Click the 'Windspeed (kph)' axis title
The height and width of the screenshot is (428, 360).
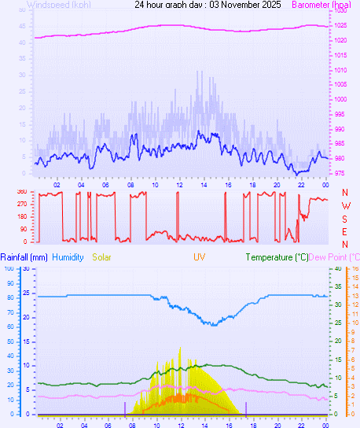click(x=58, y=5)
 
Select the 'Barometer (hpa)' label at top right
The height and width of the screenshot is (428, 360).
click(x=321, y=5)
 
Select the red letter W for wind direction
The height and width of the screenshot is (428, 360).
click(x=345, y=205)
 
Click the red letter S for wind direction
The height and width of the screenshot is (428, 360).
click(x=345, y=218)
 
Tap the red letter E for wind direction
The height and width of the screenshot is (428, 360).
click(x=345, y=231)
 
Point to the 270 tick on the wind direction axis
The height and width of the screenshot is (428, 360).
click(x=21, y=205)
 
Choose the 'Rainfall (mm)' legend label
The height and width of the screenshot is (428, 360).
click(x=24, y=257)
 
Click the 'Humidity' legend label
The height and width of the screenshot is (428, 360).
click(x=68, y=257)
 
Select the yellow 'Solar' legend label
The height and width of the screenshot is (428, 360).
click(x=102, y=257)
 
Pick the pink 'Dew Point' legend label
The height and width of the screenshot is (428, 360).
click(x=333, y=257)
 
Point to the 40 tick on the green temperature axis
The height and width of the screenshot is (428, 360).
click(x=337, y=268)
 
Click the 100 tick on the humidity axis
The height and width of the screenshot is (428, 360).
click(x=8, y=268)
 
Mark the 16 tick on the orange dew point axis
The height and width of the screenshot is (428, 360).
click(x=354, y=268)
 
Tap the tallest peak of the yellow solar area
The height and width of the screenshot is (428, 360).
click(x=180, y=348)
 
